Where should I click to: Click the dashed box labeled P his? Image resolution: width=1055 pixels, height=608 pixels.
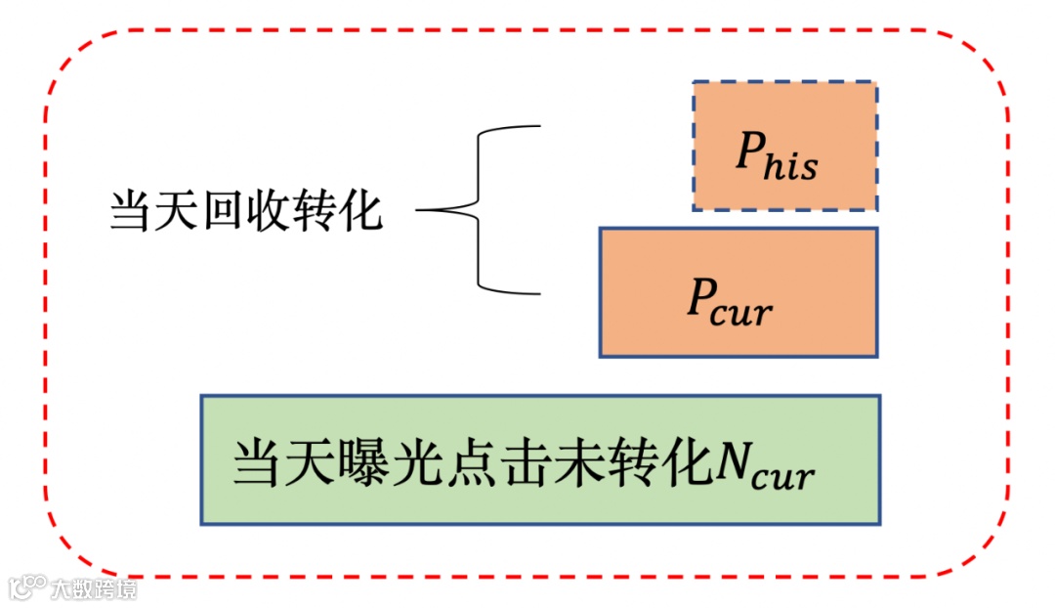(x=785, y=146)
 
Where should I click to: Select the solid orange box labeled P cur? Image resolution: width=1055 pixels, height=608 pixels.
(x=738, y=292)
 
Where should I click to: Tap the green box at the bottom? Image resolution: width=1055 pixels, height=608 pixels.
(x=540, y=459)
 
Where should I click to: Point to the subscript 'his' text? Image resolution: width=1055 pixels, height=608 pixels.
(x=792, y=165)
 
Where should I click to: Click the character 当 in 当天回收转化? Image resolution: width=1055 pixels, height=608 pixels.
(x=130, y=210)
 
